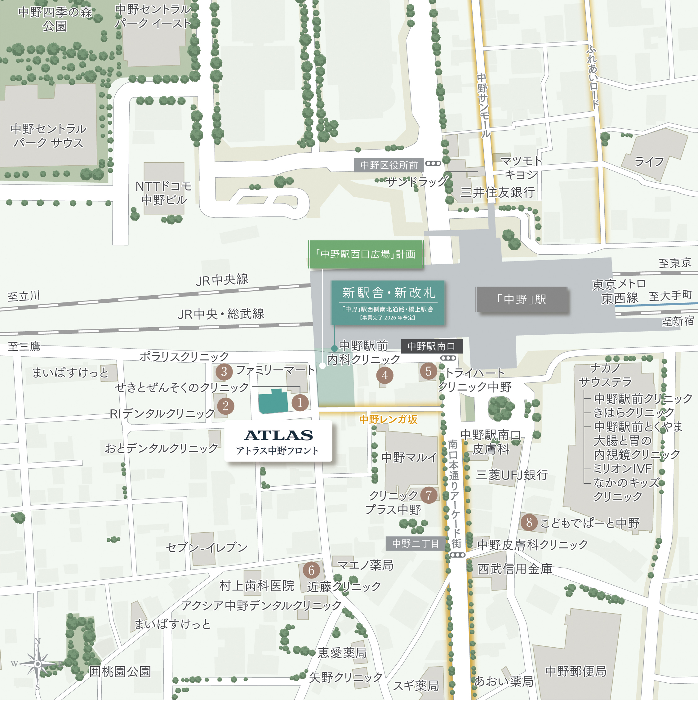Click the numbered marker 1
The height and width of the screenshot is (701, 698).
300,402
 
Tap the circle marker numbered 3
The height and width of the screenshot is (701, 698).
224,372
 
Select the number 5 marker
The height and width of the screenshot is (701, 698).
428,371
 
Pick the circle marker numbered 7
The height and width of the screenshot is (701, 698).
429,495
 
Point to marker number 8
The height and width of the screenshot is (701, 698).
529,522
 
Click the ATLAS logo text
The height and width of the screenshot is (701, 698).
278,435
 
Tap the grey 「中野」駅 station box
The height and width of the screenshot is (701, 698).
521,299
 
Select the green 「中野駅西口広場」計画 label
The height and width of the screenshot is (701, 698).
365,254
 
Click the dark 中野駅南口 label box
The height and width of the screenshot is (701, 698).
431,346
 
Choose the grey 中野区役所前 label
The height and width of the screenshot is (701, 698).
389,165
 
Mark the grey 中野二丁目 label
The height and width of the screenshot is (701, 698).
416,543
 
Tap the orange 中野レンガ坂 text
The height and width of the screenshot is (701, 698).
388,419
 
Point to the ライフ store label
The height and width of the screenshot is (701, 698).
649,162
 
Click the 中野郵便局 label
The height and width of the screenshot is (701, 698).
576,671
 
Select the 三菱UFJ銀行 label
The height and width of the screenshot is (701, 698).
512,475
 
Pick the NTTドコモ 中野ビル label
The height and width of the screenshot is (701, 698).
164,193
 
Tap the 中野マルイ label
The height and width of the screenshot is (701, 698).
409,457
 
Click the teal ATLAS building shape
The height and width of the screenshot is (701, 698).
273,402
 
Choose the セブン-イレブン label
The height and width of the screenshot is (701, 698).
207,547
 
